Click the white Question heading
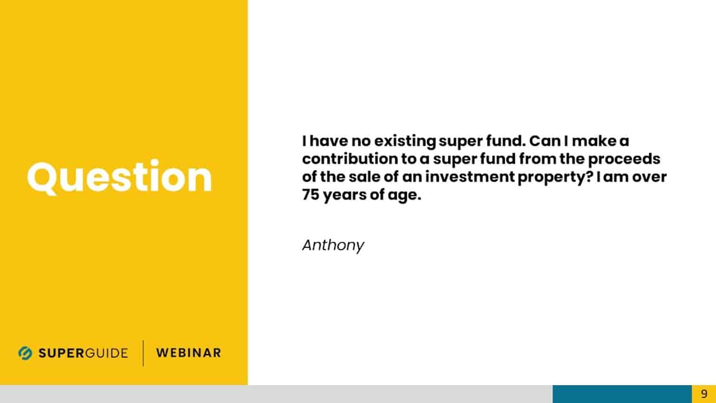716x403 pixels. click(x=119, y=177)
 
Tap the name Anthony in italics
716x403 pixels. click(x=333, y=246)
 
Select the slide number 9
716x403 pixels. click(x=704, y=393)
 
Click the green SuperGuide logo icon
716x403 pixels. click(x=25, y=353)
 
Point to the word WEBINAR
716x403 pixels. click(x=189, y=353)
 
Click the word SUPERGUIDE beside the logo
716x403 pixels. click(x=83, y=353)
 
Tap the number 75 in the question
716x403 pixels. click(x=310, y=194)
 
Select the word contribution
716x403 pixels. click(x=350, y=158)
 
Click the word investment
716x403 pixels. click(x=469, y=176)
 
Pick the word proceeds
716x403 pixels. click(x=624, y=160)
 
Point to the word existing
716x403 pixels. click(x=405, y=142)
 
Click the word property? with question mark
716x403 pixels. click(x=555, y=177)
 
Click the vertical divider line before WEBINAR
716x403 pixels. click(x=143, y=353)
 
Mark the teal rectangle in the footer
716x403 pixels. click(x=622, y=394)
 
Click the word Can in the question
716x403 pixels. click(x=545, y=140)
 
